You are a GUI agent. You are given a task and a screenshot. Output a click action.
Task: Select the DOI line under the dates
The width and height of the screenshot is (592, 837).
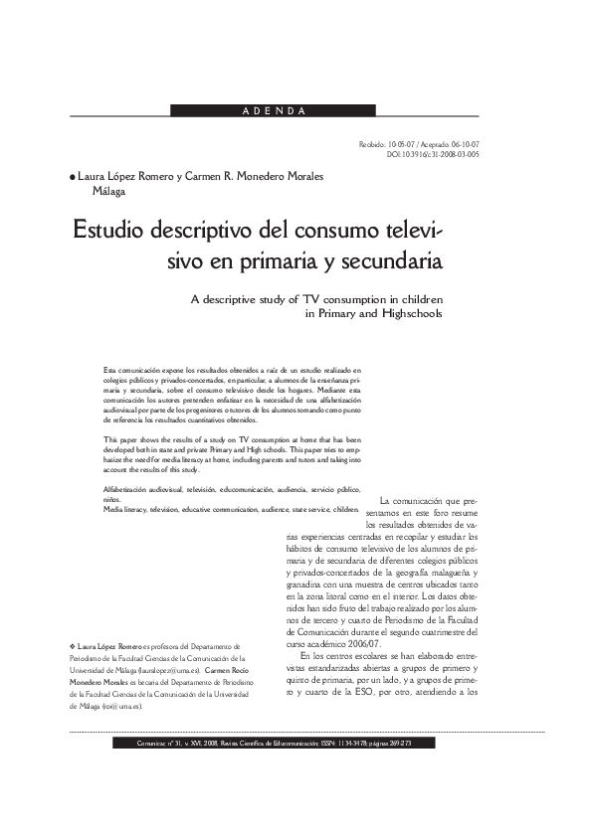tap(433, 155)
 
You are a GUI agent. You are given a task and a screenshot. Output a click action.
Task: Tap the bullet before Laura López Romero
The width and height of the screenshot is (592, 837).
tap(72, 178)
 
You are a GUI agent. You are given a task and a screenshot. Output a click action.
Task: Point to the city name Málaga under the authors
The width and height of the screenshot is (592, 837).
tap(109, 192)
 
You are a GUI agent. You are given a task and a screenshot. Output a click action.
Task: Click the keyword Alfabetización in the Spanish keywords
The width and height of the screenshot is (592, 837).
tap(130, 491)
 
